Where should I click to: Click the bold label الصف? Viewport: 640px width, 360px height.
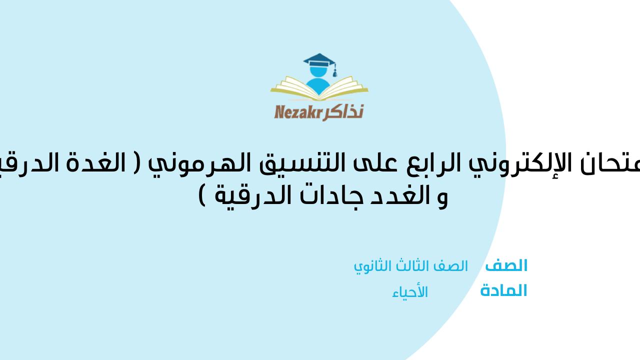click(x=506, y=266)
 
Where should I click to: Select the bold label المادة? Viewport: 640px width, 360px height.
click(x=503, y=291)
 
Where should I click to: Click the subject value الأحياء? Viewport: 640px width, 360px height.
click(x=410, y=292)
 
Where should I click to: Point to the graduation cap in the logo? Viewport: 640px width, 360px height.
click(x=320, y=63)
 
